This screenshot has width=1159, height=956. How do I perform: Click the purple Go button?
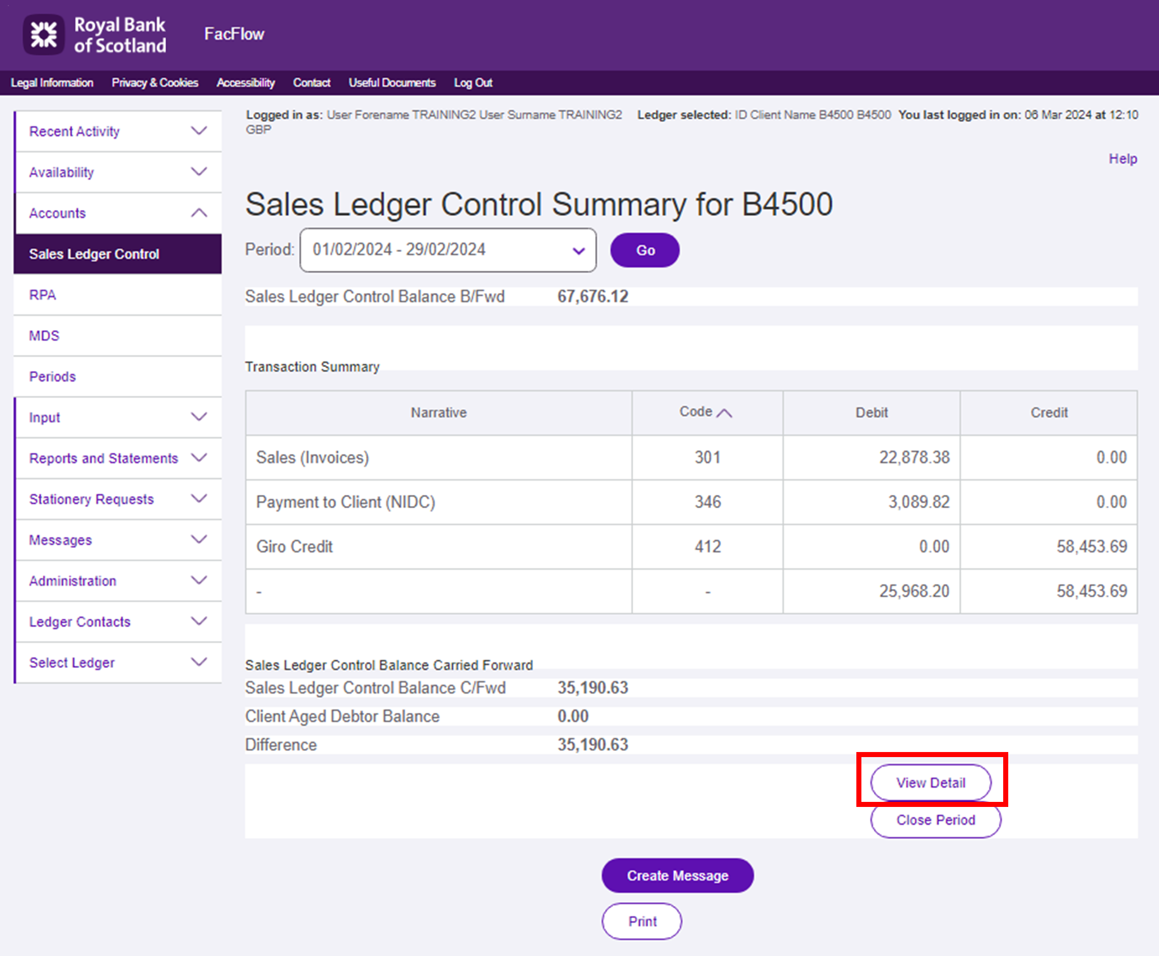point(645,250)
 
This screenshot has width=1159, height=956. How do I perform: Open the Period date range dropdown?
point(447,250)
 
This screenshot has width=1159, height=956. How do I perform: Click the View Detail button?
point(930,782)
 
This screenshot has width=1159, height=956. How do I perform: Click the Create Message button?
point(677,875)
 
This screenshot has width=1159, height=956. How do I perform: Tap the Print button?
point(642,921)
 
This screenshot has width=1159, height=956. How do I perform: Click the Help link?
point(1123,159)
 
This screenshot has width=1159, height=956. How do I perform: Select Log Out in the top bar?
point(472,83)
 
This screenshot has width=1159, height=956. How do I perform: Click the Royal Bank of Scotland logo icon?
point(44,35)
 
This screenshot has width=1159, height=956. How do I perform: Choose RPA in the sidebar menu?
point(43,295)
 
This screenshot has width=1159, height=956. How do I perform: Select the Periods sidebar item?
point(52,377)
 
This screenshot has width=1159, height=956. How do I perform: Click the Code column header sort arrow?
point(724,413)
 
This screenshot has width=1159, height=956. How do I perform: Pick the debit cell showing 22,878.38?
point(914,457)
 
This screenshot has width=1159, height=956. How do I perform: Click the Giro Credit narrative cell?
point(294,546)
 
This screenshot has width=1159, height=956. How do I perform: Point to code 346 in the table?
point(707,502)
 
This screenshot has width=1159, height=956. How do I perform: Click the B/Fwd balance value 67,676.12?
point(592,296)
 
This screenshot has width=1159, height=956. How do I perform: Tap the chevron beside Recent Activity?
point(199,131)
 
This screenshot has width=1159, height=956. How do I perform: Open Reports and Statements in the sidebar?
point(104,458)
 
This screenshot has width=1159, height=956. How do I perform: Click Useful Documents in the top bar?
point(392,83)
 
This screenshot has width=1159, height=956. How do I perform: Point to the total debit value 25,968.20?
point(914,591)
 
